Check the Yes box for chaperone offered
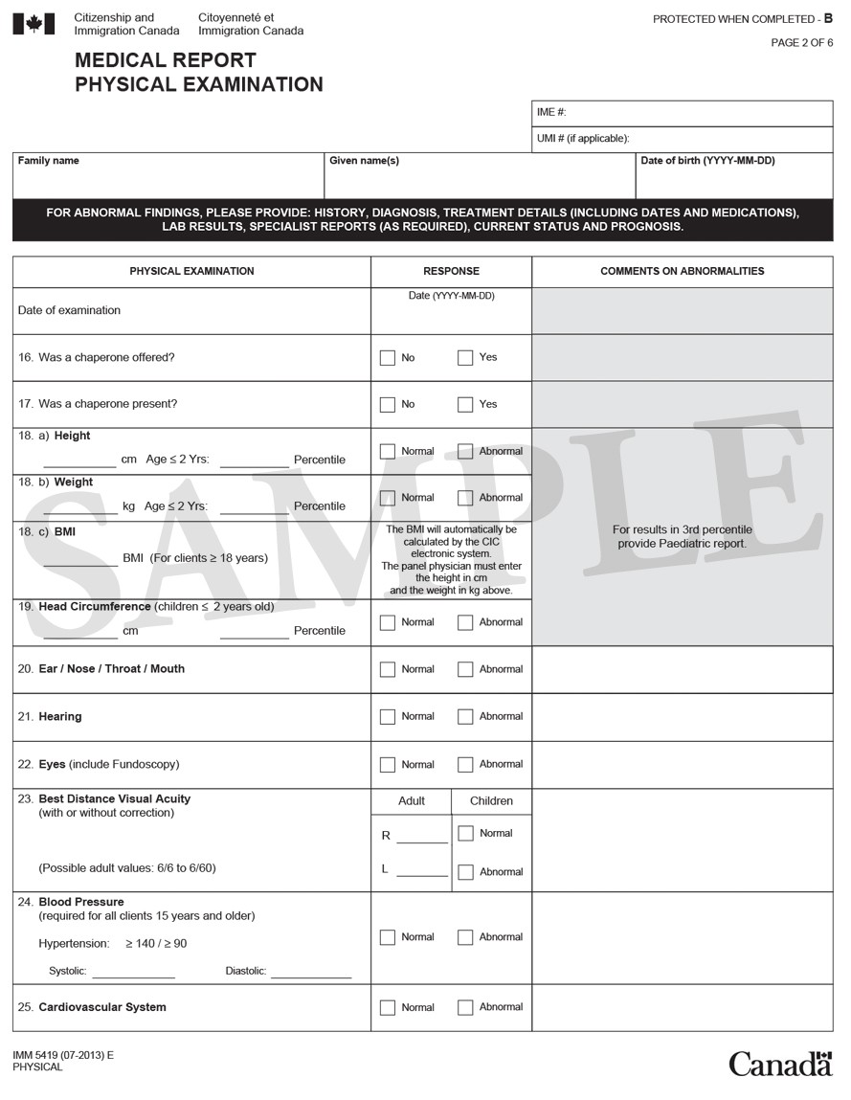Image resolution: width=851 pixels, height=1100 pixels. [465, 358]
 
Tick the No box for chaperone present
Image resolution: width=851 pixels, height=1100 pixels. [388, 405]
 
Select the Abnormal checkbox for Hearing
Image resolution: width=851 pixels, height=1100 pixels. [465, 717]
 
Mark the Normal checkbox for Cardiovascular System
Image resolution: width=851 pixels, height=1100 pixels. [388, 1008]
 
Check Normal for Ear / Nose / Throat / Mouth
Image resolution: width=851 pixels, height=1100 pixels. [388, 670]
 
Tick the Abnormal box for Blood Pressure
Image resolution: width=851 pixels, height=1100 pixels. [465, 938]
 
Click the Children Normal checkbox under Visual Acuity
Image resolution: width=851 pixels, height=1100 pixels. [466, 834]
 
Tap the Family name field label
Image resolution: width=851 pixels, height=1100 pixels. [49, 161]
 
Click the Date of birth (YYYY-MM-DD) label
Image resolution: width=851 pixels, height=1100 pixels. [707, 161]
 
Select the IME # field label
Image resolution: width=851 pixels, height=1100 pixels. [551, 113]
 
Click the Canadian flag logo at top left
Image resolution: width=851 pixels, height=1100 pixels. [34, 24]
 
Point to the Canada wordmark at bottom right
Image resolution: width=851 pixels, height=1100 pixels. [780, 1064]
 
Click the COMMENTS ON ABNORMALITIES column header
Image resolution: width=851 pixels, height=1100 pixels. [682, 272]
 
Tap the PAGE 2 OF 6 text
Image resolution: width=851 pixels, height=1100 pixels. [802, 43]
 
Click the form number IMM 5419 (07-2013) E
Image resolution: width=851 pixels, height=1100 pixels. [63, 1055]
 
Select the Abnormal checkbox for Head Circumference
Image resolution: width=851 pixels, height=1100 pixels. [465, 623]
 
